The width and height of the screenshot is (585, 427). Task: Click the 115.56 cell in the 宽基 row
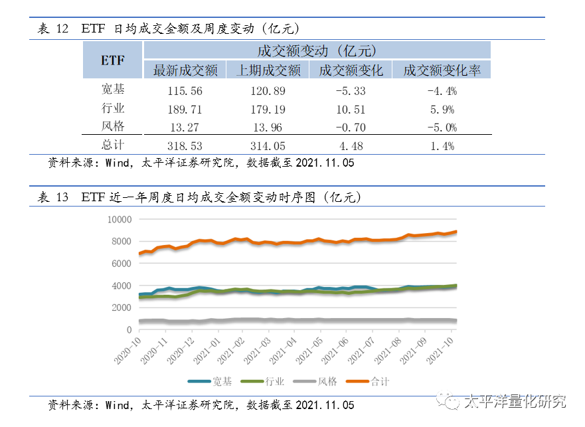177,90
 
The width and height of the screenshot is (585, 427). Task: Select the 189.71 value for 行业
177,109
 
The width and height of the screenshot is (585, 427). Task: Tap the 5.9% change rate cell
442,109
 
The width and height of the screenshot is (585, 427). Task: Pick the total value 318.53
177,145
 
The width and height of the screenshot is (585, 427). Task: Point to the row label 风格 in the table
113,126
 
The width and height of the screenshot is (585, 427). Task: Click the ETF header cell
113,60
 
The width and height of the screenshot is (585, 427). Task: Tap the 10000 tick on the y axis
119,219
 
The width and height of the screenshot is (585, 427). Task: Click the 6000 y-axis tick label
122,263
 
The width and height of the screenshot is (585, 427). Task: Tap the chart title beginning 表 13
199,197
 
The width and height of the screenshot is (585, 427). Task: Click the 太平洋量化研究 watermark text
515,402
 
